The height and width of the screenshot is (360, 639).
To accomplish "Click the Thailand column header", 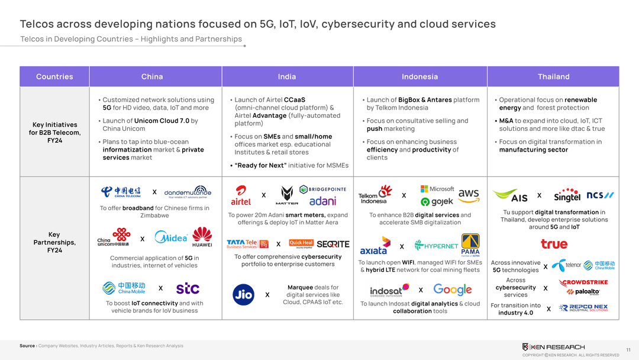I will click(553, 76).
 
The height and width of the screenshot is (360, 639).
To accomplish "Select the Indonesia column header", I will click(419, 76).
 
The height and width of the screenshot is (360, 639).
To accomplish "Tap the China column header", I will click(152, 76).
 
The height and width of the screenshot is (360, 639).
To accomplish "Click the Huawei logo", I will click(202, 237).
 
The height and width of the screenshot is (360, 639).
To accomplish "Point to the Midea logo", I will click(171, 237).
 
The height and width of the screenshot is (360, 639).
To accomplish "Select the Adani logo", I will click(322, 201).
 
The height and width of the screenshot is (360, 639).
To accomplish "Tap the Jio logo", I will click(243, 294).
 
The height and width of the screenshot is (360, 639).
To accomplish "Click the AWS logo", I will click(469, 194).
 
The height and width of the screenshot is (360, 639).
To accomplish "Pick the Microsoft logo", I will click(437, 189).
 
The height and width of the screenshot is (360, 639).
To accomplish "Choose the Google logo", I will click(453, 290).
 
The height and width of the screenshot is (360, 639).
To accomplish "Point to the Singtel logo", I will click(567, 196).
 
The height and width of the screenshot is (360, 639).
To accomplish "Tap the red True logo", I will click(554, 243).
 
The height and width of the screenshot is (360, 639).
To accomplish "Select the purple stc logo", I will click(188, 288).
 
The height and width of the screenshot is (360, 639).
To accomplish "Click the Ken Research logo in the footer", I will click(553, 346).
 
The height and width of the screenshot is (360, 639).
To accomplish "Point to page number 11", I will click(628, 350).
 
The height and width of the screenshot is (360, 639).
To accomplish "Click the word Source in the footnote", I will click(27, 346).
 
